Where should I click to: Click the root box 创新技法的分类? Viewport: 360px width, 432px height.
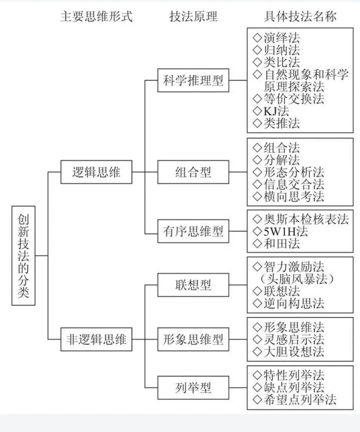point(23,255)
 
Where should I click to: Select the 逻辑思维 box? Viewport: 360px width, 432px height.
point(96,172)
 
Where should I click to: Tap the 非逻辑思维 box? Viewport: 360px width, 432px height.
point(96,339)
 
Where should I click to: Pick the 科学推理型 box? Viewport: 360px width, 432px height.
point(193,80)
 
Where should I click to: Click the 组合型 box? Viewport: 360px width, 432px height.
point(193,172)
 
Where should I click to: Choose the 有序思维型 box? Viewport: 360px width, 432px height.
point(193,231)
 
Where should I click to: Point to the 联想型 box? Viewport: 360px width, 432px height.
point(193,285)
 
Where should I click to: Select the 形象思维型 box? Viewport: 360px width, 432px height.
point(193,339)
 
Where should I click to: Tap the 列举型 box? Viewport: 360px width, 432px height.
point(193,388)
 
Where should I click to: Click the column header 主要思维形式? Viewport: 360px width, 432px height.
point(96,16)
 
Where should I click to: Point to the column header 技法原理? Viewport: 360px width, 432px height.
point(193,16)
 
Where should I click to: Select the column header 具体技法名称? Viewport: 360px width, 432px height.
point(300,16)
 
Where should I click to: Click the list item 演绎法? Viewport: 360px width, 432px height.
point(282,38)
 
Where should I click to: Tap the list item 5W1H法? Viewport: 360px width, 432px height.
point(285,231)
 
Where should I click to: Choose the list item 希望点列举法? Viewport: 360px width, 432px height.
point(300,400)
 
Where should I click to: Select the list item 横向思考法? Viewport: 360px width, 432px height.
point(294,197)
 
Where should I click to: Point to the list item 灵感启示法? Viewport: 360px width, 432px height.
point(294,339)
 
